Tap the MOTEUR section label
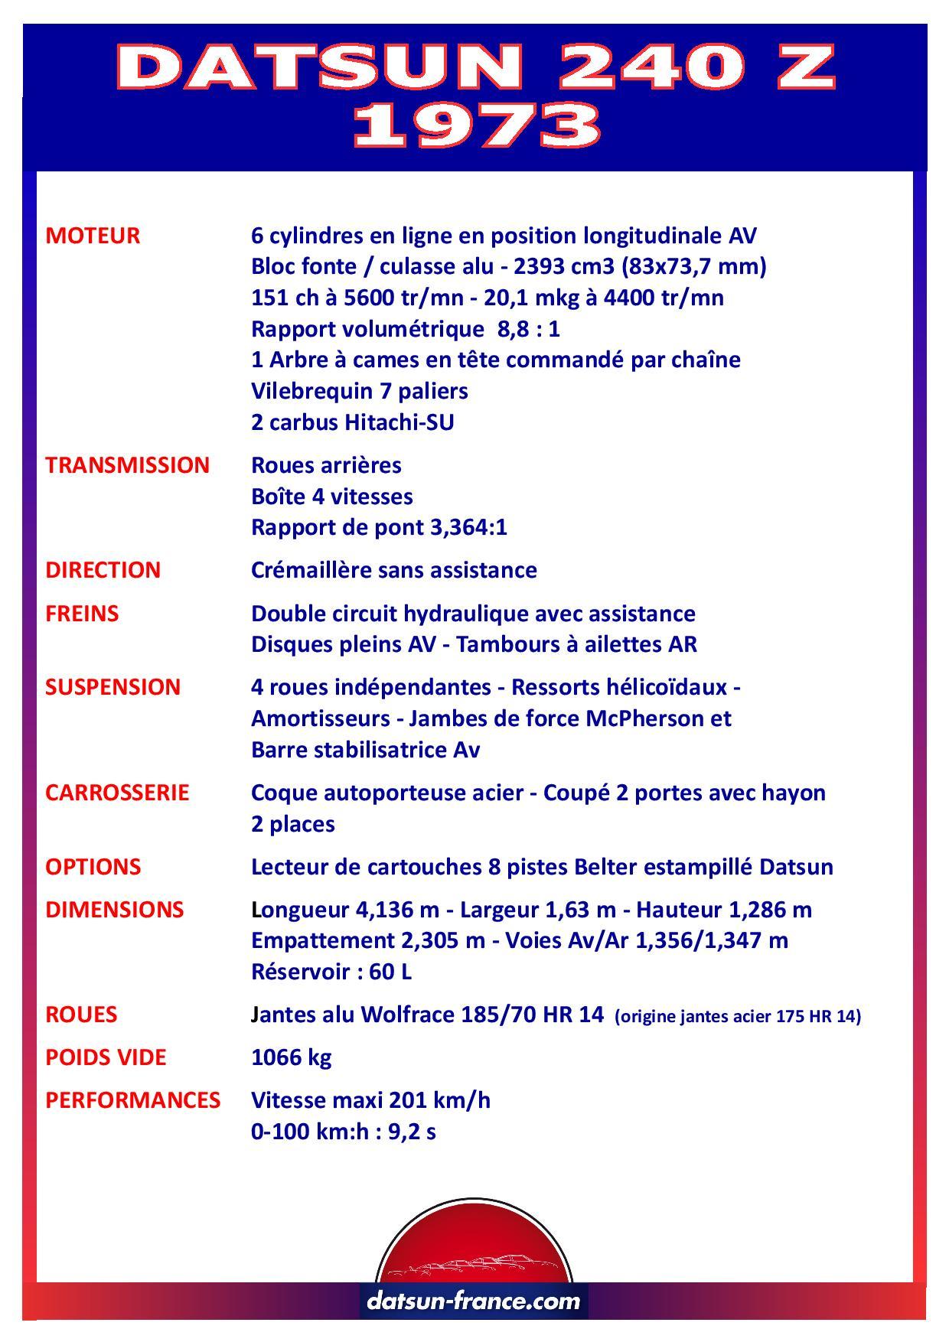93,236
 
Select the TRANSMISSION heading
127,465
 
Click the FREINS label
82,614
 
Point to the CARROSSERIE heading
117,792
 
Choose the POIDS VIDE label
106,1057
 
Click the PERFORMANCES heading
132,1100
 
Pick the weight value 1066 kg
291,1057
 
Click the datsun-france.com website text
474,1300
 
